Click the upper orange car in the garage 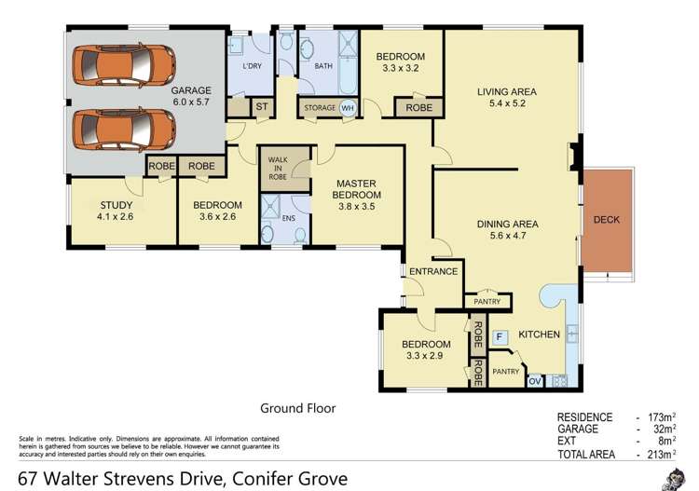click(124, 63)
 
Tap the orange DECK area click(606, 221)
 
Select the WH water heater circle click(348, 109)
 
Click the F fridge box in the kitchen click(500, 336)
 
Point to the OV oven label click(536, 380)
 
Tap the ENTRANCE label click(433, 272)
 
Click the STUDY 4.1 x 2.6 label click(116, 211)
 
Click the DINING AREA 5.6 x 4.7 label click(508, 230)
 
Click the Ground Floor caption click(296, 408)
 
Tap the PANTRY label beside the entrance click(487, 301)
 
